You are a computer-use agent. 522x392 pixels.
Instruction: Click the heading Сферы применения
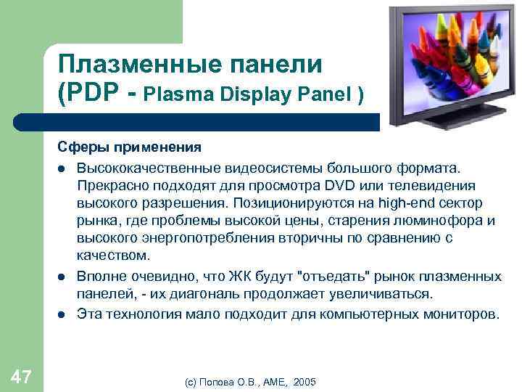pyautogui.click(x=130, y=148)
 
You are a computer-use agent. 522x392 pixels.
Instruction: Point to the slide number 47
pyautogui.click(x=21, y=375)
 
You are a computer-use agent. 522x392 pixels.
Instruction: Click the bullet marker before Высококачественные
pyautogui.click(x=62, y=168)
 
